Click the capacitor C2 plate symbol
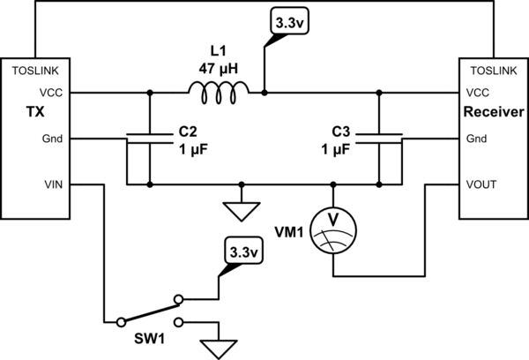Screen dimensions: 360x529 click(150, 136)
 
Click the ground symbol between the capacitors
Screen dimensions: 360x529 click(241, 208)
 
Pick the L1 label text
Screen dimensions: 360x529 click(217, 50)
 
